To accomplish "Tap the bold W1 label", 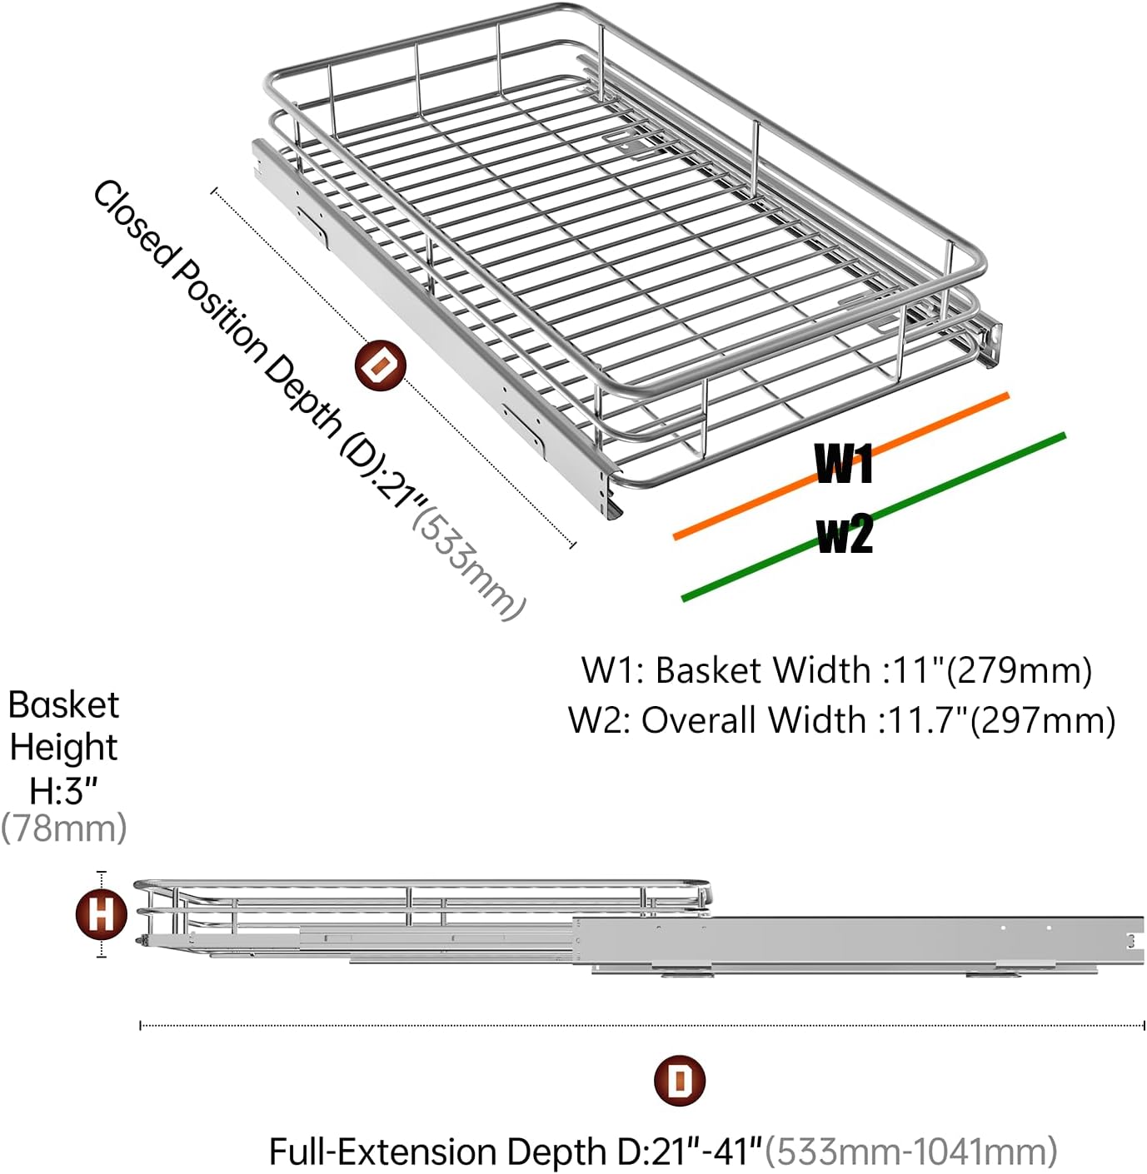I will point(843,465).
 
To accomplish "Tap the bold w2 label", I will point(845,534).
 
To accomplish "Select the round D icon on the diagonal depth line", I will point(380,366).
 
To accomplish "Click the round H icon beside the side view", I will point(101,913).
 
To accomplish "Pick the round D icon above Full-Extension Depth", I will point(680,1081).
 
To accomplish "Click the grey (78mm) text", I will point(64,828).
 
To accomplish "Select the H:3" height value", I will point(64,790).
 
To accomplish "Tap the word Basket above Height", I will point(64,705).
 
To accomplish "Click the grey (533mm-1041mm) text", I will point(911,1152).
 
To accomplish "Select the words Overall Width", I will point(753,720).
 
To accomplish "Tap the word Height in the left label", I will point(64,747).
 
